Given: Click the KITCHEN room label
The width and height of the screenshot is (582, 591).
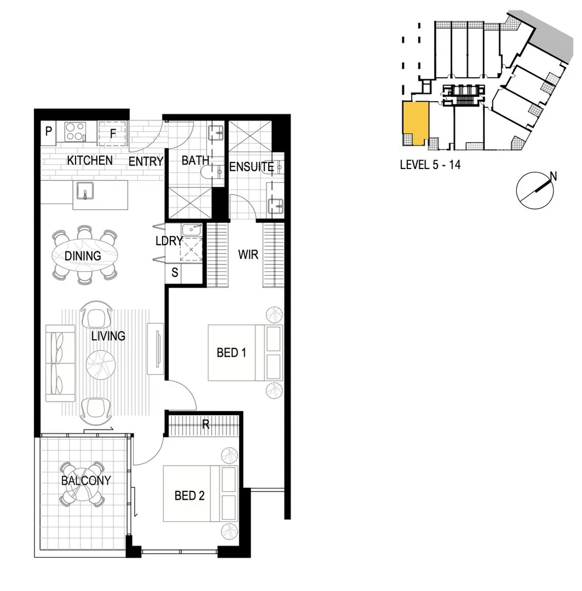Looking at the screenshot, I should (x=90, y=161).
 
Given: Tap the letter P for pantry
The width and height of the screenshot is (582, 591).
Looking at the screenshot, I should (x=48, y=132).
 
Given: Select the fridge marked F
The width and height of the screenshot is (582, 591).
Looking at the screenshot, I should (x=113, y=133).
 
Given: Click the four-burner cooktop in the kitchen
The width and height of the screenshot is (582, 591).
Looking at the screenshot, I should (x=75, y=132).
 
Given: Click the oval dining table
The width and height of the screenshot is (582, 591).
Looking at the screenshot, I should (x=85, y=256).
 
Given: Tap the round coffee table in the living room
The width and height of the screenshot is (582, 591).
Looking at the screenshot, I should (x=101, y=365).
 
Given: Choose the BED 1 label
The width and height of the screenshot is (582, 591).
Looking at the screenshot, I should (x=231, y=352).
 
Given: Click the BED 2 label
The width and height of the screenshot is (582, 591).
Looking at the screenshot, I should (x=189, y=495).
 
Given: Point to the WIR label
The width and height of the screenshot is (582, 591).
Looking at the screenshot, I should (x=248, y=255).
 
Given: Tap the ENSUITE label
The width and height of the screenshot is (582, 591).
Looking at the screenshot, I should (x=251, y=167).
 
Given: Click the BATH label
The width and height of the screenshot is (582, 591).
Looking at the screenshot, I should (x=195, y=161).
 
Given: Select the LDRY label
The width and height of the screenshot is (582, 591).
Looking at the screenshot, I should (x=169, y=242).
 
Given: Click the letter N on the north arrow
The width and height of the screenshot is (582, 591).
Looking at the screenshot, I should (x=553, y=176).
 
